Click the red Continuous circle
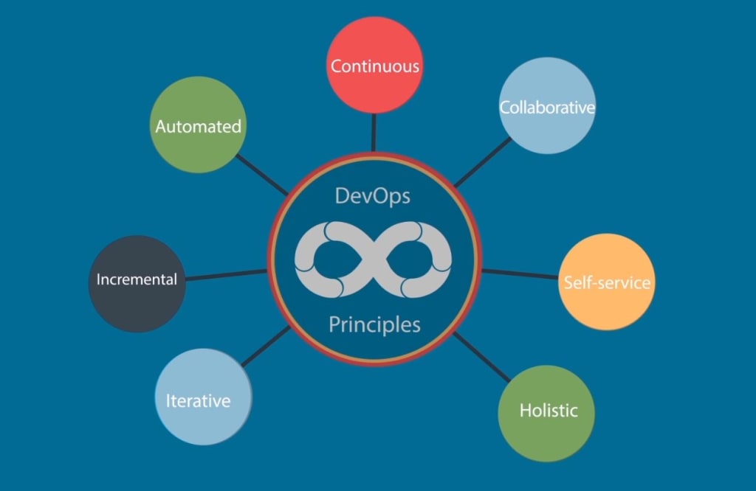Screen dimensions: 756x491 coord(374,65)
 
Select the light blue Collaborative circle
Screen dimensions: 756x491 coord(547,107)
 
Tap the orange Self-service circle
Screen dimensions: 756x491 coord(607,282)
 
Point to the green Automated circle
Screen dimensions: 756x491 coord(198,125)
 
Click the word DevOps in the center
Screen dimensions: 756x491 coord(372,196)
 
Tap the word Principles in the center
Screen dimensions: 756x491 coord(374,324)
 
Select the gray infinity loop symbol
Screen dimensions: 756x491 coord(374,260)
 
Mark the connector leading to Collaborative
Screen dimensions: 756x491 coord(482,162)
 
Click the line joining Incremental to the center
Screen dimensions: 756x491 coord(225,275)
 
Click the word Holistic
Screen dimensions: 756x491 coord(548,411)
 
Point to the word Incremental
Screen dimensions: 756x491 coord(137,279)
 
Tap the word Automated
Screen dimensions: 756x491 coord(198,126)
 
